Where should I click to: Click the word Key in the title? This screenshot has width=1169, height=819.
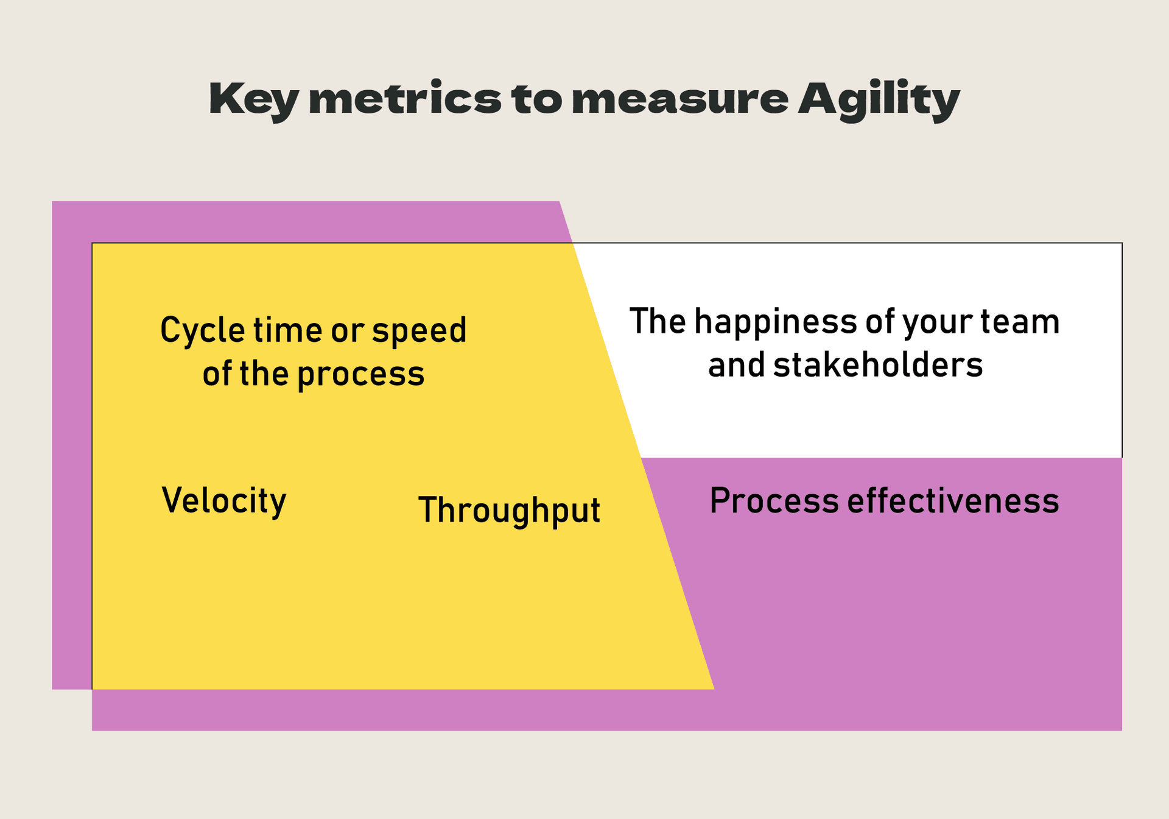click(254, 99)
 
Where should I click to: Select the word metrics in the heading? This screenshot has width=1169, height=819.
click(405, 99)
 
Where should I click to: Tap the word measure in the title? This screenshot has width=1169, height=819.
click(680, 99)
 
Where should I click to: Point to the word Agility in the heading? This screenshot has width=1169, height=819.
click(879, 99)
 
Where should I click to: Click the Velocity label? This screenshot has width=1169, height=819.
click(223, 501)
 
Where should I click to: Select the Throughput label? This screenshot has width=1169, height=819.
click(509, 511)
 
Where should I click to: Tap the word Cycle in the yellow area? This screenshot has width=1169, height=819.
click(202, 331)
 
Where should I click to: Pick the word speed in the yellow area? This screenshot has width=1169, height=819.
click(419, 331)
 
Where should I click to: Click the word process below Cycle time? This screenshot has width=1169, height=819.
click(360, 375)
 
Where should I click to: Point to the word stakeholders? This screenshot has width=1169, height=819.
click(877, 365)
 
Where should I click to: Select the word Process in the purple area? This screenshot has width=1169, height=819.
click(774, 502)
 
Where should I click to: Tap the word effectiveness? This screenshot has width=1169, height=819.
click(953, 501)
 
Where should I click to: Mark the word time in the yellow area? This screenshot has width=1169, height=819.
click(287, 331)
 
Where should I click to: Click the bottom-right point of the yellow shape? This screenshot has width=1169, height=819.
click(713, 689)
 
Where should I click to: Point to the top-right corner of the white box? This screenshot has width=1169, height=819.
click(1121, 244)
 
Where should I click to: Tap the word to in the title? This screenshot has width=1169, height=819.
click(536, 99)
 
